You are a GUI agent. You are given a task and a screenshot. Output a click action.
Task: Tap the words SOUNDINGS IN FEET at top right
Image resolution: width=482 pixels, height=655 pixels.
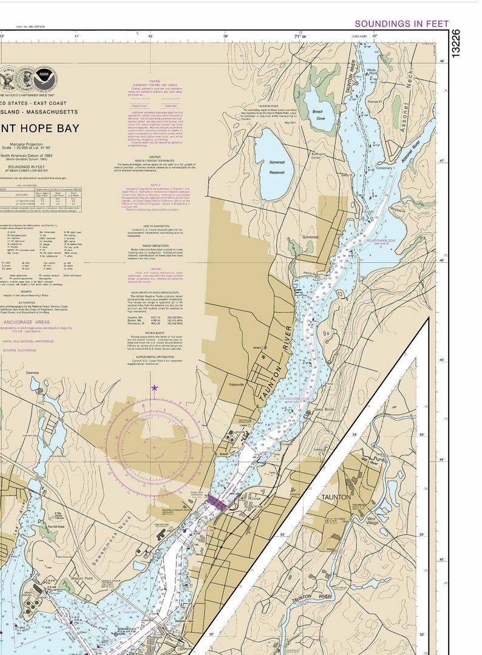[x=401, y=24]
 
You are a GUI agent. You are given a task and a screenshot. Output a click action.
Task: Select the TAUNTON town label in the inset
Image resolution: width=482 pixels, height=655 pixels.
[x=336, y=497]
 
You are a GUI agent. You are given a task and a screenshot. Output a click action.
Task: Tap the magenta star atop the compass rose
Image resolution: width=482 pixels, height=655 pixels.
[x=154, y=387]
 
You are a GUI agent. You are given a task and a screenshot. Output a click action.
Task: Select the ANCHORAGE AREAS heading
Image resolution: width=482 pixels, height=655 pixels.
[x=28, y=322]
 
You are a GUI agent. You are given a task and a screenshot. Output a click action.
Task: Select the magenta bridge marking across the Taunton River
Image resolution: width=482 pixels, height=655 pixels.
[x=216, y=501]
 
